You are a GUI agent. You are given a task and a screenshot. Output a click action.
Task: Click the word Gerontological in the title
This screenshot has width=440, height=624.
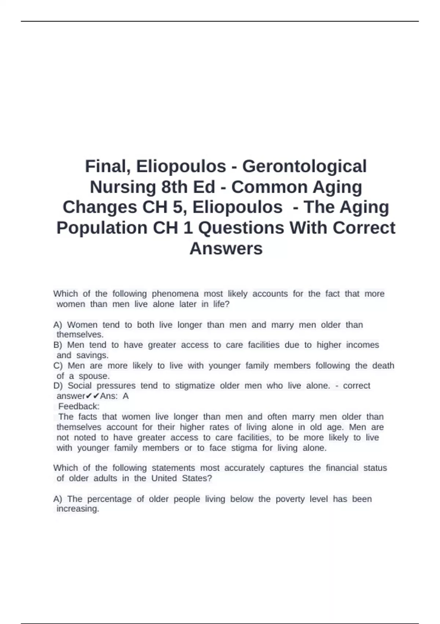[304, 166]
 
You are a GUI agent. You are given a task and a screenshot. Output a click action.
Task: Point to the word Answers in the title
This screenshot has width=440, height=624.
[226, 248]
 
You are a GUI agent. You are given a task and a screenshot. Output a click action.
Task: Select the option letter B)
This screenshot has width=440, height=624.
[58, 345]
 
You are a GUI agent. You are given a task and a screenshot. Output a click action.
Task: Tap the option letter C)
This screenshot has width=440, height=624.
[58, 366]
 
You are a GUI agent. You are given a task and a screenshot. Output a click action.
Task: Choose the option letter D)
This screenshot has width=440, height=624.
[58, 386]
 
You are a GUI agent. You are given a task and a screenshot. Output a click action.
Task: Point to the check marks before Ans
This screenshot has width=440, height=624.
[92, 396]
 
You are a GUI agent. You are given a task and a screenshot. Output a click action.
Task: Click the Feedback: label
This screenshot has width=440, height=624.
[79, 406]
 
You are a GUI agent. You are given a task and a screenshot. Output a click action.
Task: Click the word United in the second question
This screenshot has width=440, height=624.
[164, 478]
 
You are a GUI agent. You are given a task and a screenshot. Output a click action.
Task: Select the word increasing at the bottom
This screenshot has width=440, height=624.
[78, 509]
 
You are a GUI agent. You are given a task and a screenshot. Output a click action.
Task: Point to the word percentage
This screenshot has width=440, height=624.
[109, 499]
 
